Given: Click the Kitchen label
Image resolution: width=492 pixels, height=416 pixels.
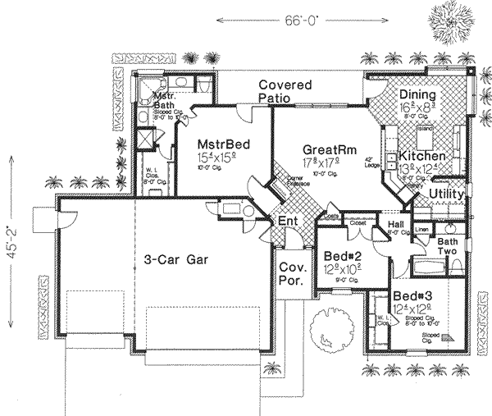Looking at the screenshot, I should [x=423, y=156].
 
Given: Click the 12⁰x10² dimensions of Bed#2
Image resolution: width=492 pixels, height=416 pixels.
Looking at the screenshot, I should [x=339, y=268].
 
